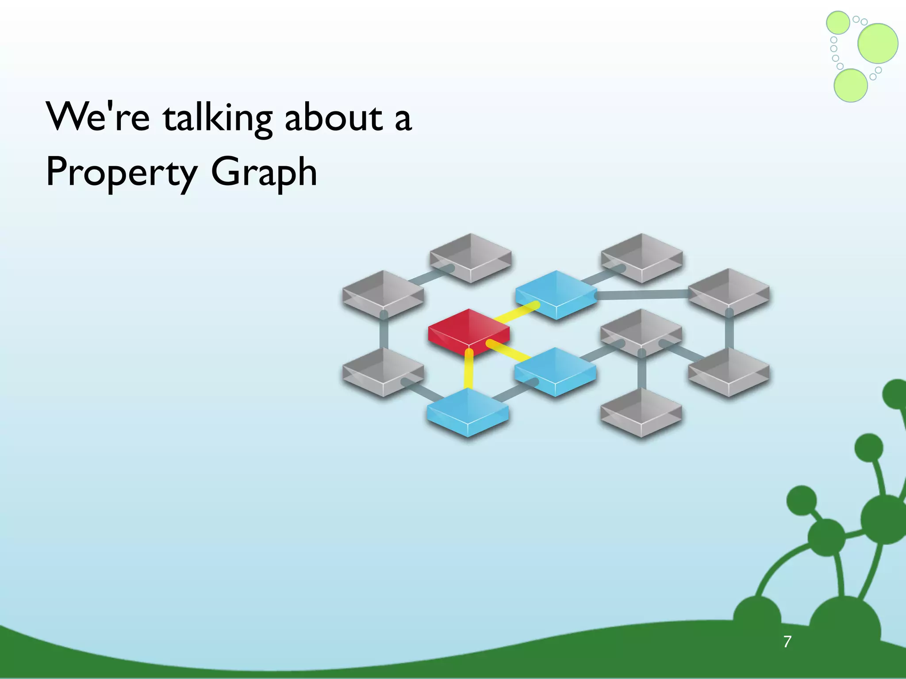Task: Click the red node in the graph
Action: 468,332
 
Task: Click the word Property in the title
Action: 121,173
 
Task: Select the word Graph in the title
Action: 264,173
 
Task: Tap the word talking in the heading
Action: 218,118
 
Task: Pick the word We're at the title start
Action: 98,117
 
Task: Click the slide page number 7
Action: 787,641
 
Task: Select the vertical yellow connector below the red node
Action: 468,370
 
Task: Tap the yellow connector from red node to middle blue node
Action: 509,350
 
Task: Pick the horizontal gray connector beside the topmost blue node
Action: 641,294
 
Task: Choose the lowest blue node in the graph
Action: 468,411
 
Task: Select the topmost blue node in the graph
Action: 556,294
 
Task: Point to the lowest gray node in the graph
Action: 641,412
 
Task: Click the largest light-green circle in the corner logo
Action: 878,43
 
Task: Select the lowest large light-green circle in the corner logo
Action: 850,85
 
